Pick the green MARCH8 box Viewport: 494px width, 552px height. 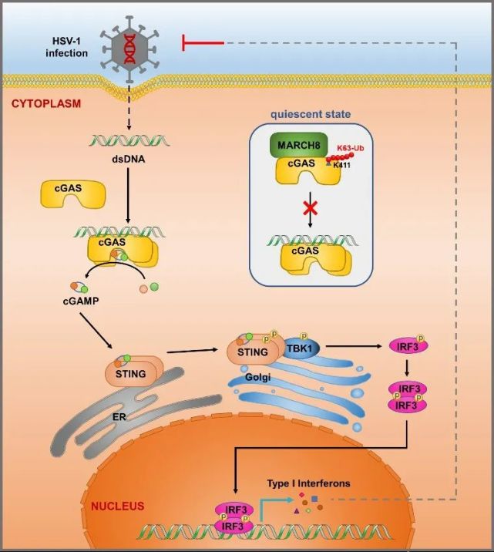pyautogui.click(x=298, y=146)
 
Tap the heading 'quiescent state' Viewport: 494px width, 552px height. pyautogui.click(x=311, y=114)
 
